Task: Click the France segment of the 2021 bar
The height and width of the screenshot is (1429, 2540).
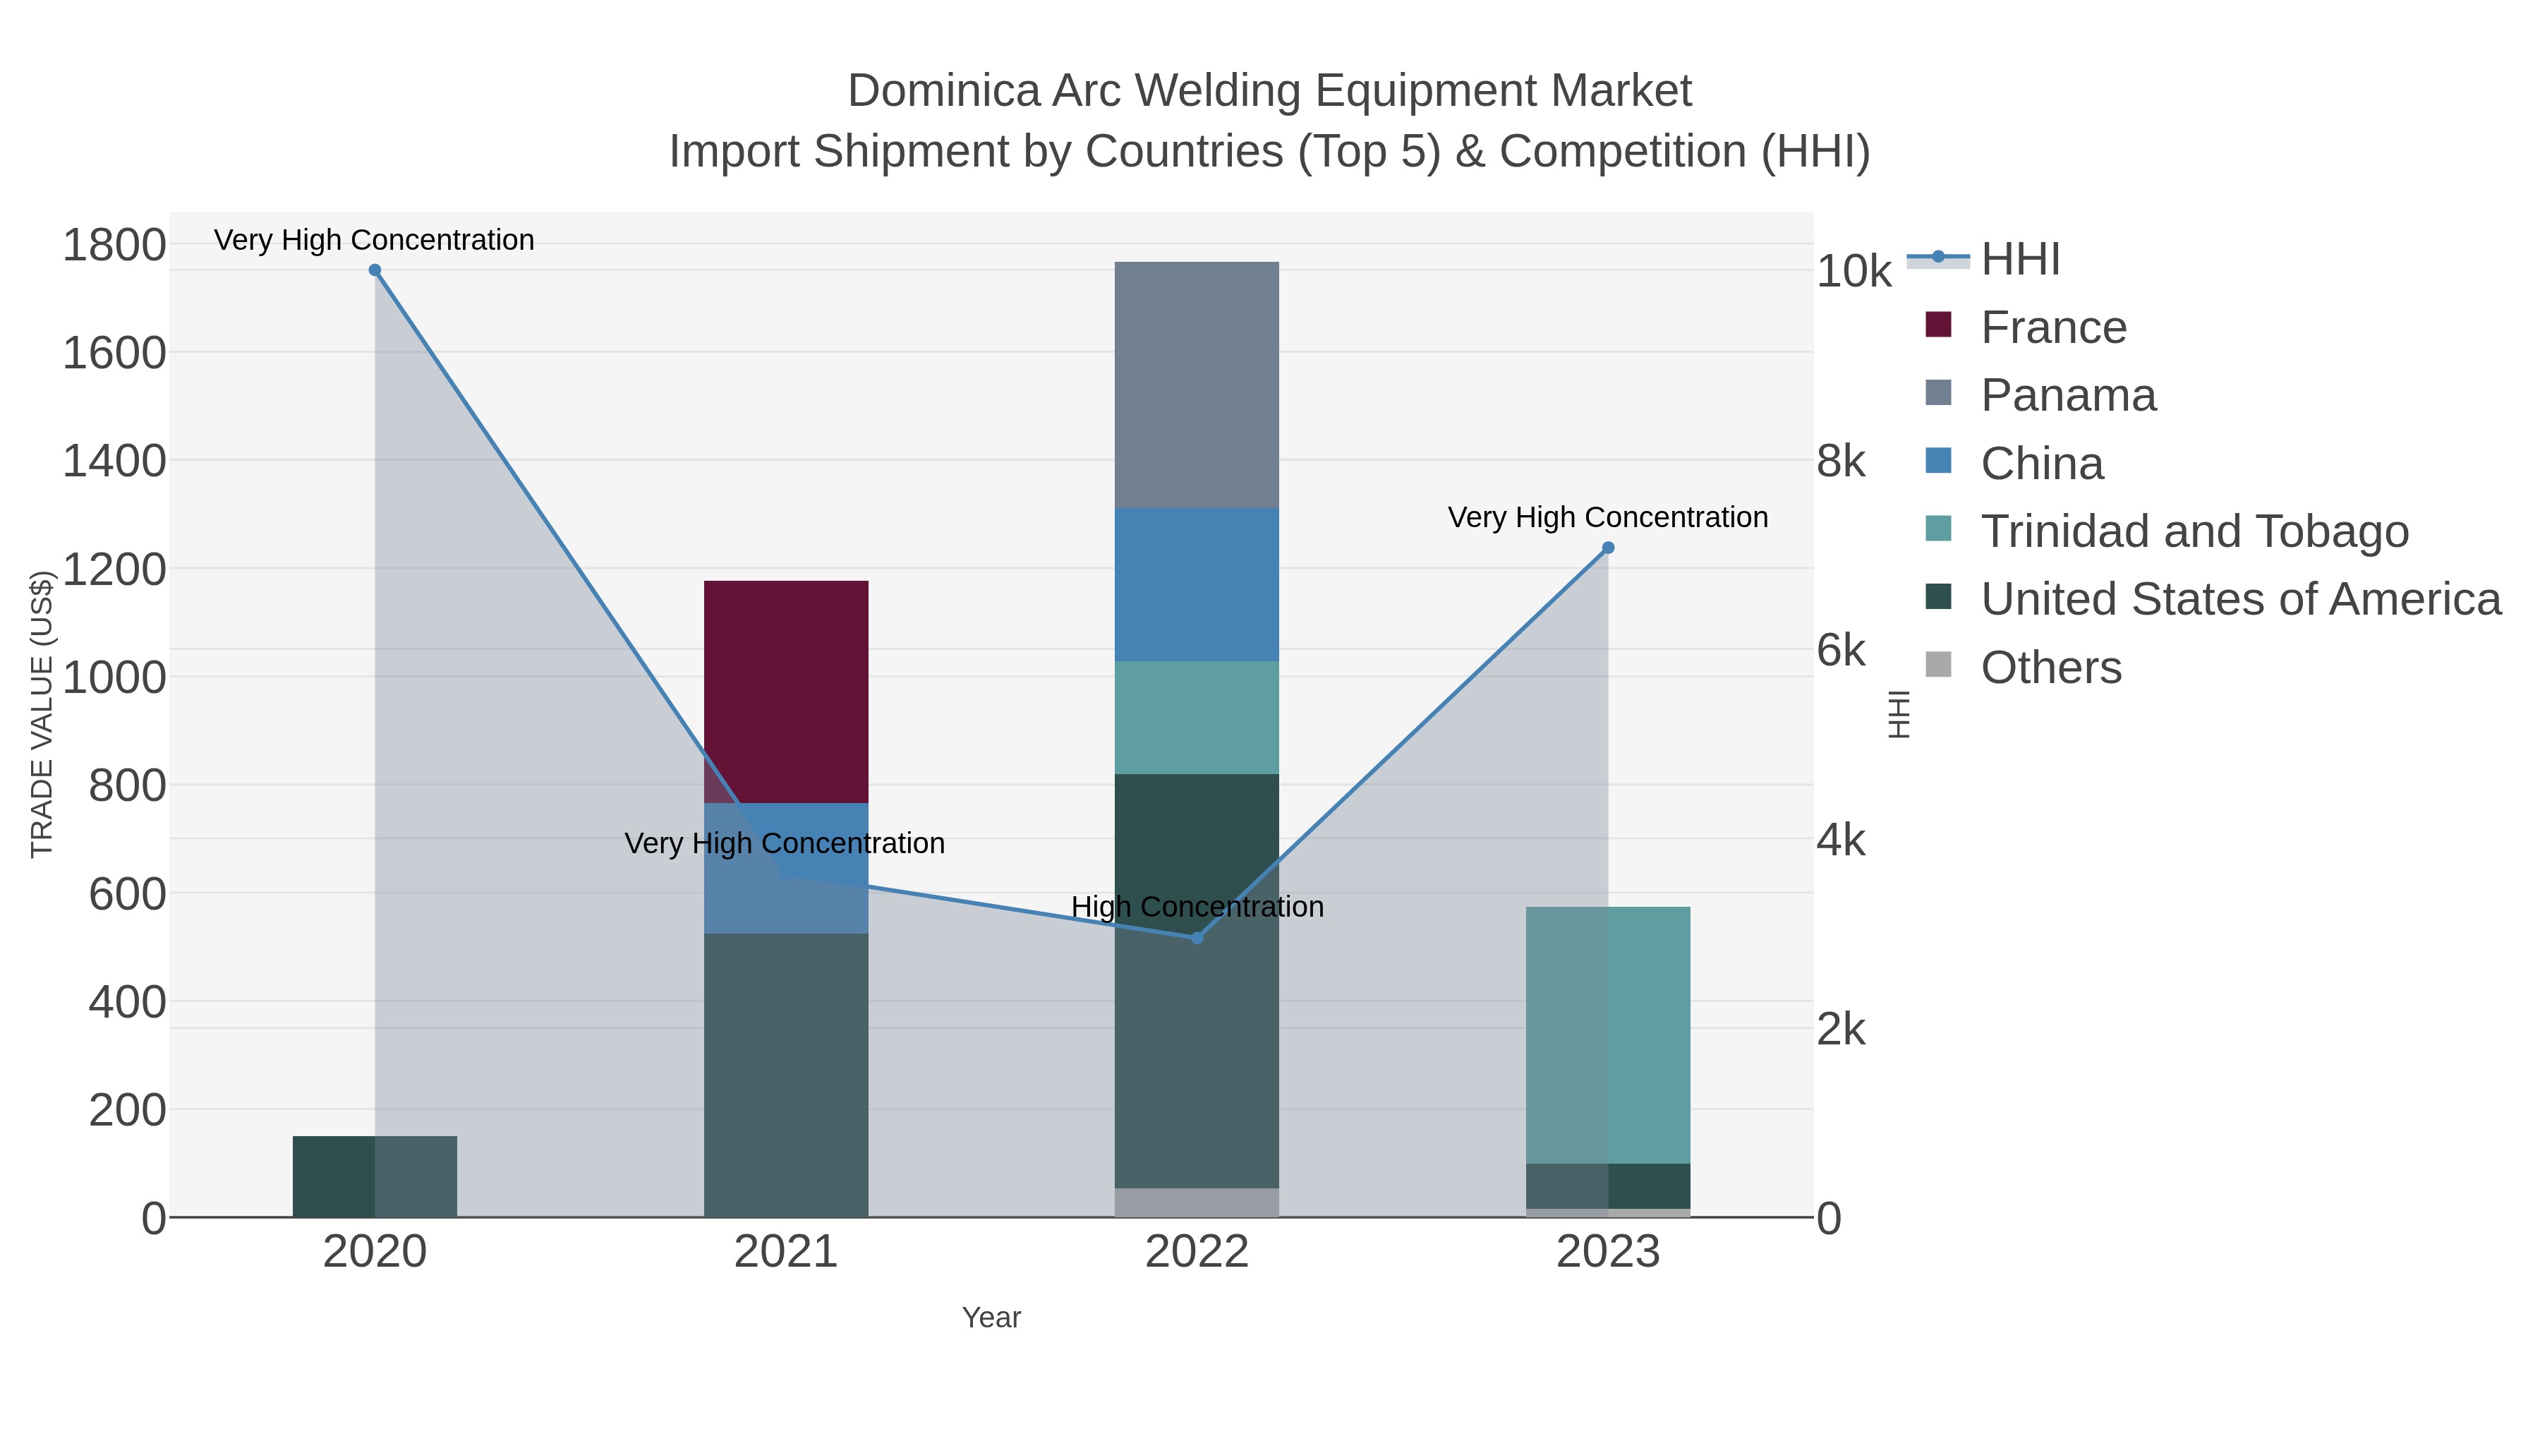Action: click(x=786, y=690)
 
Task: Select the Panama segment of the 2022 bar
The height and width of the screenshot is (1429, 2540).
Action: click(x=1196, y=385)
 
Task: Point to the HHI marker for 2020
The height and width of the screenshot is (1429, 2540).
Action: click(x=375, y=270)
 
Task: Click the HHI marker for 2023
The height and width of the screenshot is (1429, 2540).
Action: click(x=1608, y=548)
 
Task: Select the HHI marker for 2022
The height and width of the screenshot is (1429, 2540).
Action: click(x=1197, y=938)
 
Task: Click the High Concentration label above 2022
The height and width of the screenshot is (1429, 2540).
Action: click(x=1197, y=906)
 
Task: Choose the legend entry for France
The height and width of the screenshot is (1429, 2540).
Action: click(x=2053, y=327)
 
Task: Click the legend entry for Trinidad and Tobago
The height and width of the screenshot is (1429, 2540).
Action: click(x=2194, y=531)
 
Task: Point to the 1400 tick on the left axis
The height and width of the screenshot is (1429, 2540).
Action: click(x=114, y=461)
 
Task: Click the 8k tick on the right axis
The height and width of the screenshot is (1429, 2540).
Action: click(x=1841, y=462)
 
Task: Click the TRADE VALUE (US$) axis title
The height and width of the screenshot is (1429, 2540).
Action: click(x=42, y=714)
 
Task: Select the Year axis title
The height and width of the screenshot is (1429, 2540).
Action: click(x=991, y=1318)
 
